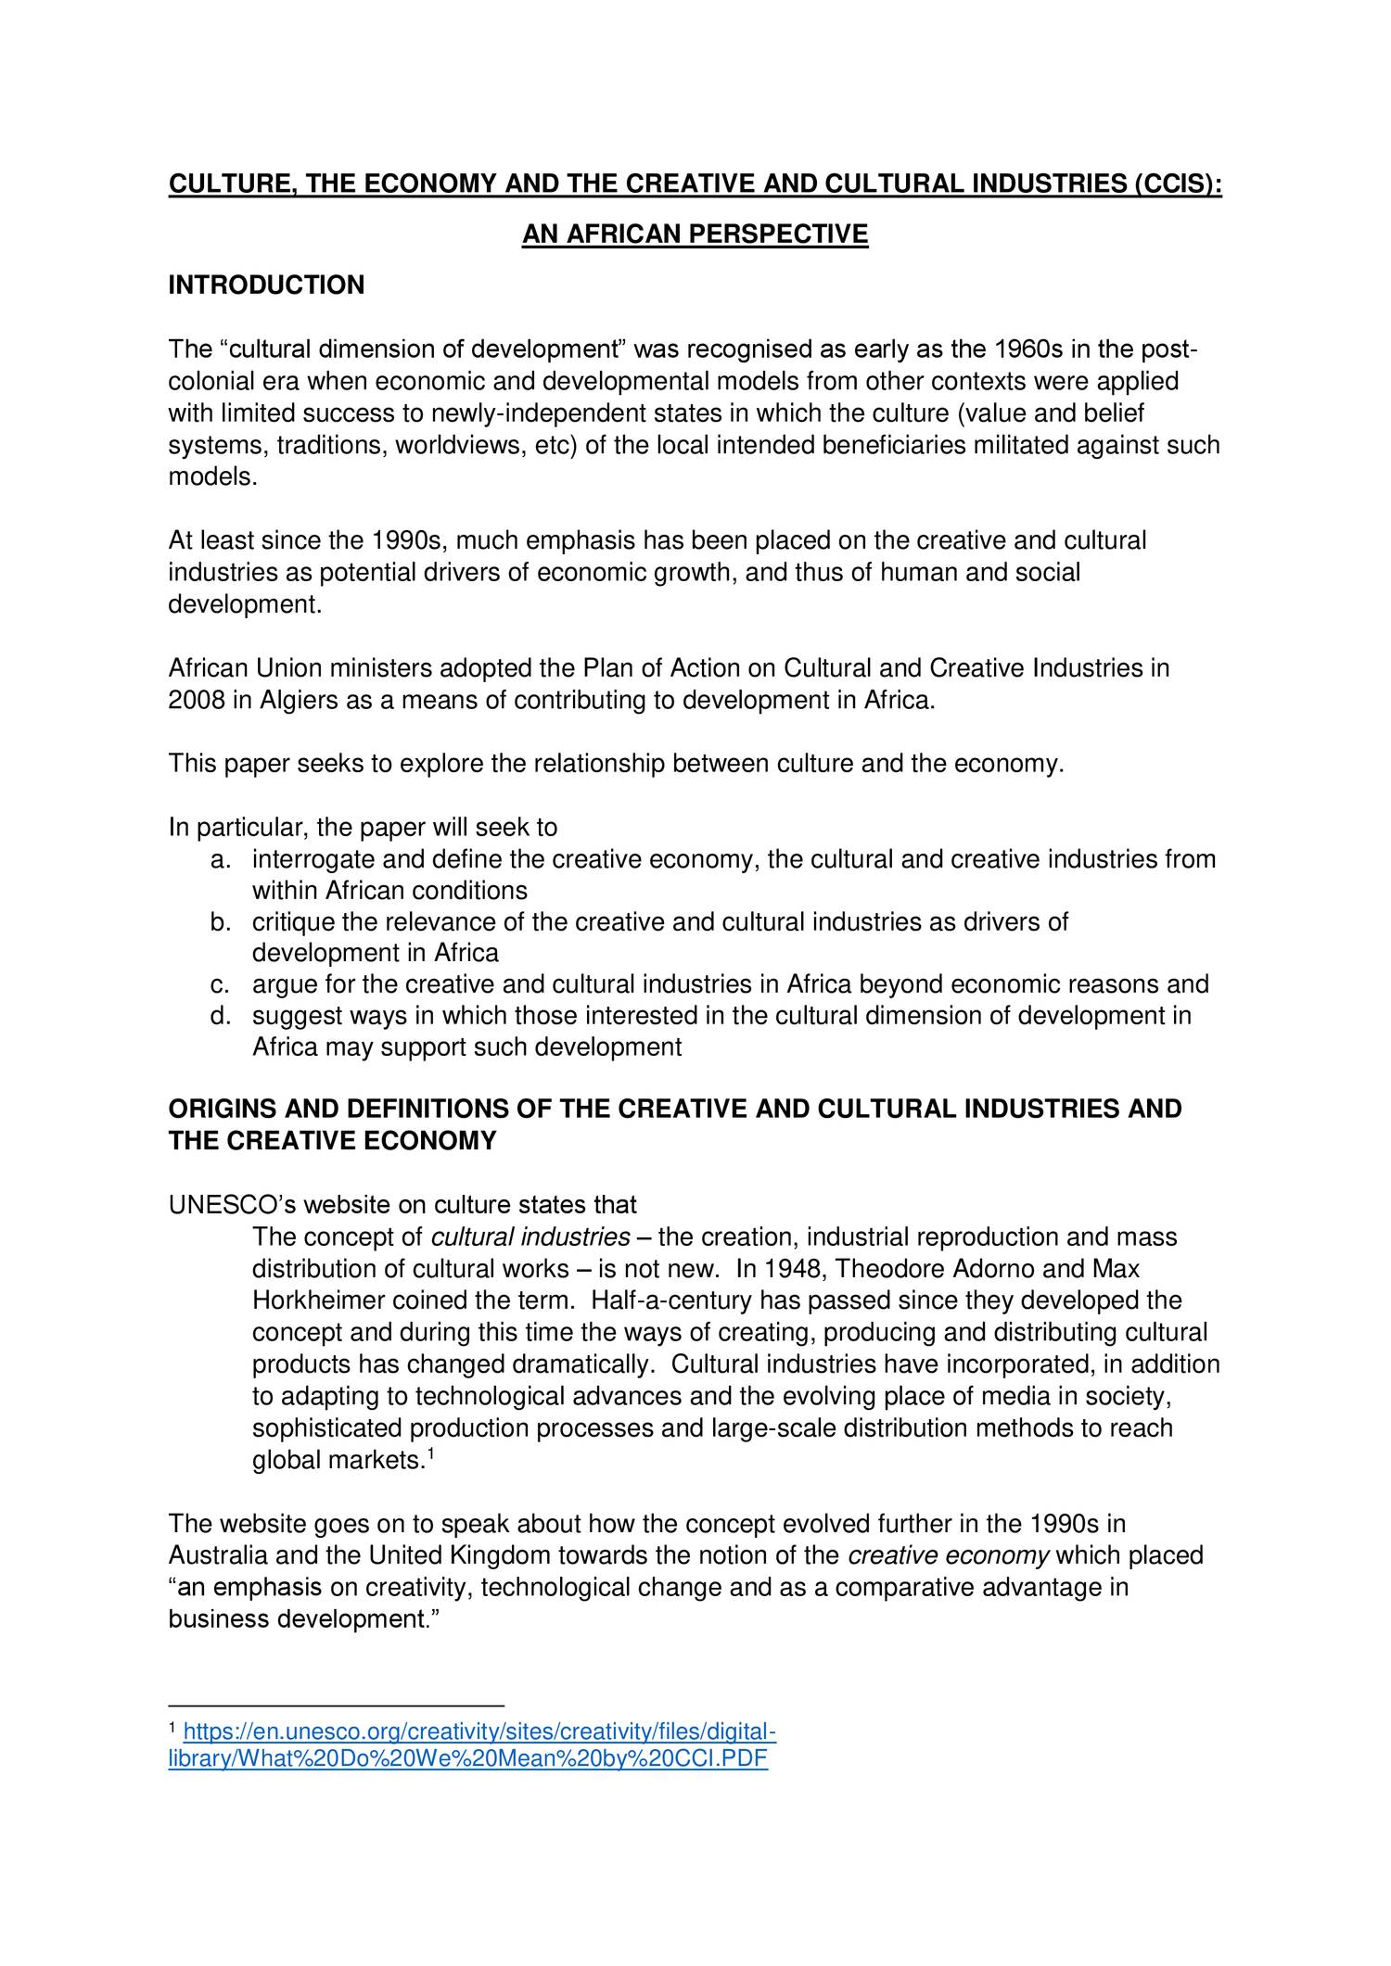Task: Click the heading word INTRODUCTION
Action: [266, 285]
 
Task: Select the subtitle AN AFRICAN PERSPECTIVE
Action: [695, 235]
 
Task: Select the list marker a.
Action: [220, 859]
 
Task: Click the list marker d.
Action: [220, 1016]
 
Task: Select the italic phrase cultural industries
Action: [531, 1237]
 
